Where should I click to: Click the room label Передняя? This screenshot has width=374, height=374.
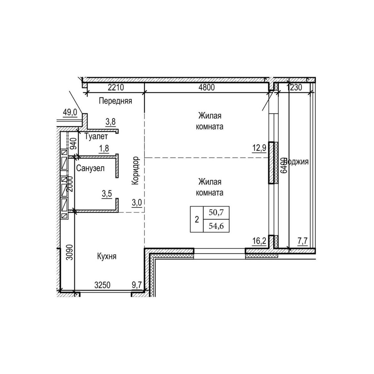click(x=115, y=101)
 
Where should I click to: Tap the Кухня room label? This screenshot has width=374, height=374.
click(x=107, y=257)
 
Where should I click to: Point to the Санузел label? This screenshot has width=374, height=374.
click(x=90, y=169)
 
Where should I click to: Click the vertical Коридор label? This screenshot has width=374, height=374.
click(x=135, y=171)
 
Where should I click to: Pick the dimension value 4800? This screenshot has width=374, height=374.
click(x=207, y=88)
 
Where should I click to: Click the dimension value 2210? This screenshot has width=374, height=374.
click(x=116, y=88)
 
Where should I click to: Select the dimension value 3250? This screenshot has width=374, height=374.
click(x=102, y=285)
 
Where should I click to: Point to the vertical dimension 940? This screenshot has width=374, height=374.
click(x=73, y=144)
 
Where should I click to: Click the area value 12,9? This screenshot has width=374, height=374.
click(x=259, y=148)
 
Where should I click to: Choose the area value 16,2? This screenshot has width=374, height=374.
click(x=259, y=241)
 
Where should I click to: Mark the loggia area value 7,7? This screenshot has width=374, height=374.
click(x=302, y=241)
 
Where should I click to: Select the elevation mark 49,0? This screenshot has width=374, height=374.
click(x=70, y=113)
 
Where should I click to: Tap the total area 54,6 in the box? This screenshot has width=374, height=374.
click(x=216, y=226)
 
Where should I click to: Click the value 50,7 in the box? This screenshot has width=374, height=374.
click(x=216, y=213)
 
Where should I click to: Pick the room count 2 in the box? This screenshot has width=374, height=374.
click(x=197, y=220)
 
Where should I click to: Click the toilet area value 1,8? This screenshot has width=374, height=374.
click(x=104, y=148)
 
